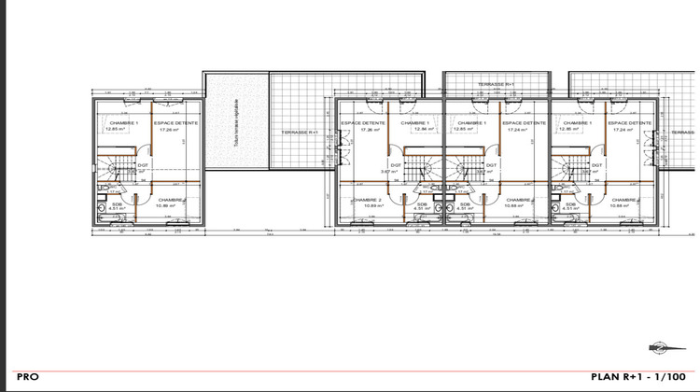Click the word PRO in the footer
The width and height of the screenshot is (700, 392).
click(27, 376)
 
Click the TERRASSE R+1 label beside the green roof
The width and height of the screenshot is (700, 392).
click(300, 133)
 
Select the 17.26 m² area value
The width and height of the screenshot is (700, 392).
click(169, 130)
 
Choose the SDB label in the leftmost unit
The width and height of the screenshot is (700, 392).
click(118, 204)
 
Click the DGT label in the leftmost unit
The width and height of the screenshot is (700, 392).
click(145, 165)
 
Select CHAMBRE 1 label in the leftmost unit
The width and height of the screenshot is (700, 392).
click(123, 123)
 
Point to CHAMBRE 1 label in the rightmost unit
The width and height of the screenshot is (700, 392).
click(578, 123)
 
